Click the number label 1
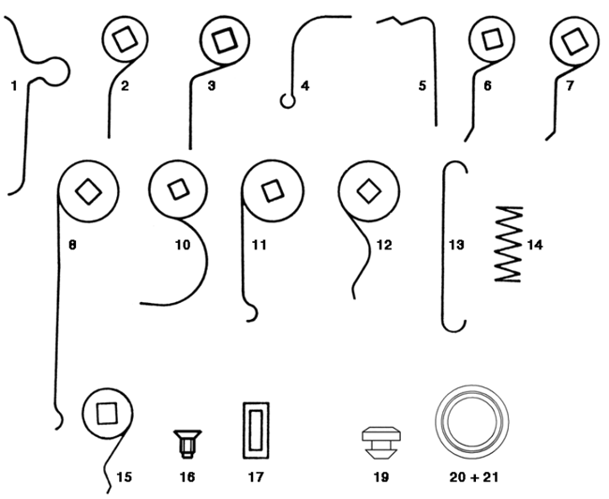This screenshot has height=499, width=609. [x=14, y=85]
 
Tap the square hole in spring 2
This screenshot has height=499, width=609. [x=125, y=39]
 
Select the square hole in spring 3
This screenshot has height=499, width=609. [x=225, y=40]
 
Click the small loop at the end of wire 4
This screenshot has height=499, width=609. [x=288, y=101]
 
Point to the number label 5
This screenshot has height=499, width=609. [x=423, y=85]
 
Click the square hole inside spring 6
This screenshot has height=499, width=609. [x=492, y=38]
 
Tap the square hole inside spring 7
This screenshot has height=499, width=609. [x=574, y=41]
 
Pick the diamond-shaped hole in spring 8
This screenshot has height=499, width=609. [x=89, y=191]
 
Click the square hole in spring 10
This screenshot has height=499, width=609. [x=179, y=189]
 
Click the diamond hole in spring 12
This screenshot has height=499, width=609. [x=368, y=191]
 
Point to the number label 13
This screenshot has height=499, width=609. [x=456, y=245]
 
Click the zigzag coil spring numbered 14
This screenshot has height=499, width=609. [x=509, y=244]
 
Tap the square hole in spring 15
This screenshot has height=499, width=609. [x=107, y=413]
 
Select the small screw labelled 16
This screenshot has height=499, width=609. [x=187, y=444]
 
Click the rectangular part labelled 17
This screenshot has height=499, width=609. [x=256, y=431]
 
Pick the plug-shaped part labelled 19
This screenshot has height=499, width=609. [x=381, y=443]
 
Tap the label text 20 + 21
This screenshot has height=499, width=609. [x=473, y=477]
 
